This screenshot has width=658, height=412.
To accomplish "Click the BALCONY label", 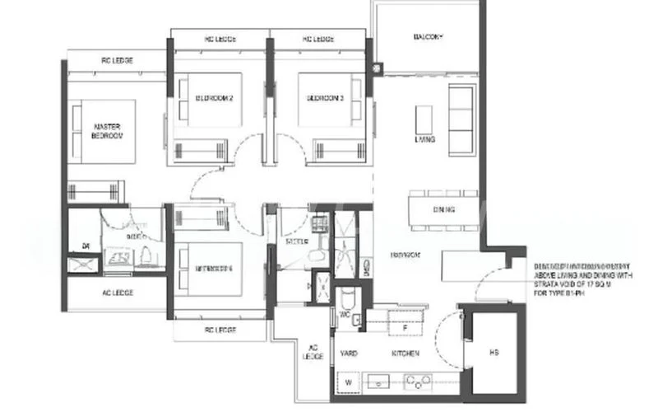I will [x=428, y=38].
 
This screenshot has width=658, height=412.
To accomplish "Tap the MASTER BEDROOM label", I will [x=107, y=131].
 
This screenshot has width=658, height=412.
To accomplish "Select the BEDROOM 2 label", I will [x=214, y=98].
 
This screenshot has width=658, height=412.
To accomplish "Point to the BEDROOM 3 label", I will [x=325, y=98].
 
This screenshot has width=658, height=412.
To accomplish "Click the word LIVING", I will [x=425, y=140].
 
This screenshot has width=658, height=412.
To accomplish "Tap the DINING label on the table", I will [x=443, y=209].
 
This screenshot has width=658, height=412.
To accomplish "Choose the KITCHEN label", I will [x=405, y=353].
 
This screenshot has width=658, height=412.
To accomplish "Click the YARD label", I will [x=349, y=353].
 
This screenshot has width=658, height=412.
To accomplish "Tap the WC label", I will [x=345, y=314].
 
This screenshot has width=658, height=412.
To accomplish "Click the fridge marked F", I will [x=404, y=327].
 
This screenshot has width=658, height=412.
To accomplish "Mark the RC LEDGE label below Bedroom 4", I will [x=220, y=330].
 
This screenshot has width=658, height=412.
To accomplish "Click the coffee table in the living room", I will [x=424, y=117].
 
